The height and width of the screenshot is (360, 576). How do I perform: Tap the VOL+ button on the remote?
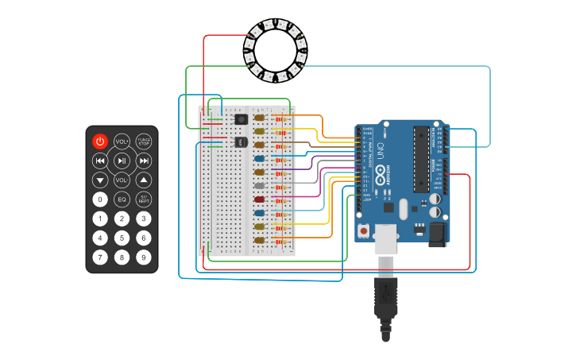(x=122, y=141)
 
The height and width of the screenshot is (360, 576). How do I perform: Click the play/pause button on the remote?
(x=122, y=161)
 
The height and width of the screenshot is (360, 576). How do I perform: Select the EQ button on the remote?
(x=122, y=199)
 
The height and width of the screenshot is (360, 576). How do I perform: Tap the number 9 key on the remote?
(x=144, y=257)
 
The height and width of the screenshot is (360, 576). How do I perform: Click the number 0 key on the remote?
(x=99, y=199)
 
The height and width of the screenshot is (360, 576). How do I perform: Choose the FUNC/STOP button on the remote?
(x=144, y=141)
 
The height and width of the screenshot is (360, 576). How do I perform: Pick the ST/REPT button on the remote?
(x=144, y=199)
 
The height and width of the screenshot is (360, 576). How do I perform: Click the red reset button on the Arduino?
(x=364, y=231)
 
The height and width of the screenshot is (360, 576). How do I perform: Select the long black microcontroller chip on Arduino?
(x=420, y=159)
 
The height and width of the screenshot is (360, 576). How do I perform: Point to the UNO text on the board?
(x=381, y=151)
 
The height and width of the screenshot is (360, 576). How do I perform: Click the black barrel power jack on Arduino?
(x=437, y=234)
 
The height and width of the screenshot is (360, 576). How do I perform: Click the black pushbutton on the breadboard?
(x=241, y=119)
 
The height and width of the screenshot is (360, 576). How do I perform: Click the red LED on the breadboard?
(x=260, y=199)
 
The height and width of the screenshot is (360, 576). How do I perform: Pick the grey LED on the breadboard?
(x=260, y=185)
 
